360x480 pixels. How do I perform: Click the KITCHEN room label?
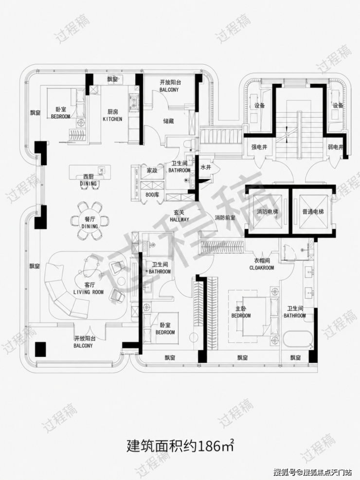click(112, 119)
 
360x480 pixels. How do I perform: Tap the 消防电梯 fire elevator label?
click(268, 212)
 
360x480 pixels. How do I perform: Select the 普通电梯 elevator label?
click(312, 212)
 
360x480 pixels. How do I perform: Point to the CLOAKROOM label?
click(262, 267)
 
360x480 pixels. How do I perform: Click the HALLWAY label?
click(180, 219)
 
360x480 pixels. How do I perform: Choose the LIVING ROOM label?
click(89, 292)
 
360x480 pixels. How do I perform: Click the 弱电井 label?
click(335, 147)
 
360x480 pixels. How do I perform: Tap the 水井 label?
click(206, 167)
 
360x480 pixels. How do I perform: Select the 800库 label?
click(152, 194)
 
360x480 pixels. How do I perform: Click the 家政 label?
click(152, 170)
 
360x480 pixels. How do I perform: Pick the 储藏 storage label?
click(168, 121)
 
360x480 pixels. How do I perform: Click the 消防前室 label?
click(225, 218)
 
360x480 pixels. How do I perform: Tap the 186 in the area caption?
click(209, 446)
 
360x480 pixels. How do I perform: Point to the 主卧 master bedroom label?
click(241, 309)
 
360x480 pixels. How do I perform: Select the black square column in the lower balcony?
click(40, 349)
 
